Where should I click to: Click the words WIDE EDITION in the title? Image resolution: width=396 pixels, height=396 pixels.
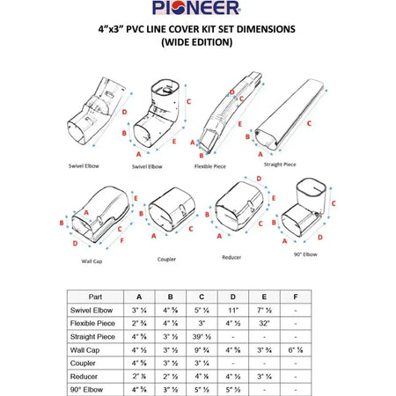pyautogui.click(x=197, y=42)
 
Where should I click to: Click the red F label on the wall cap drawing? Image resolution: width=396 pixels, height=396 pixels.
pyautogui.click(x=121, y=239)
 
